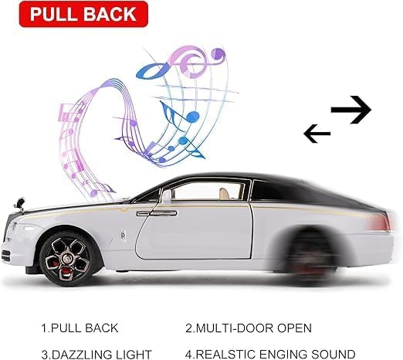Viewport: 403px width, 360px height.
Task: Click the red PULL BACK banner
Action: [x=83, y=14]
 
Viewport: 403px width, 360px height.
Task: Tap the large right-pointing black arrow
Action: [x=351, y=110]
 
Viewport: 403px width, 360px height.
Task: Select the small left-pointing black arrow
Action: [x=317, y=134]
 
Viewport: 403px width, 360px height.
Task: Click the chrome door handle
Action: [x=157, y=213]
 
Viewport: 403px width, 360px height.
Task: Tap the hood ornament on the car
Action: [x=20, y=203]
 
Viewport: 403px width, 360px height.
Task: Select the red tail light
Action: [x=381, y=222]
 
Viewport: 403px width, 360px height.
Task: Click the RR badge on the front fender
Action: [x=123, y=236]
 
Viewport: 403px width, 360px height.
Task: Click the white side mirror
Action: [x=166, y=195]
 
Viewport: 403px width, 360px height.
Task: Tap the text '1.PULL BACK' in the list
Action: [x=80, y=328]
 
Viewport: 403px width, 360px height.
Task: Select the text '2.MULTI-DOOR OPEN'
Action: [x=249, y=328]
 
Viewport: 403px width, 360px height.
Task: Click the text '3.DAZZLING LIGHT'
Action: [x=97, y=355]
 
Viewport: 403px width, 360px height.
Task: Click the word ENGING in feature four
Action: [x=283, y=355]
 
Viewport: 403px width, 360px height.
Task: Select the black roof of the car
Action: [x=270, y=187]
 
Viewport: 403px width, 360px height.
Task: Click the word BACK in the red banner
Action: [x=110, y=14]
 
